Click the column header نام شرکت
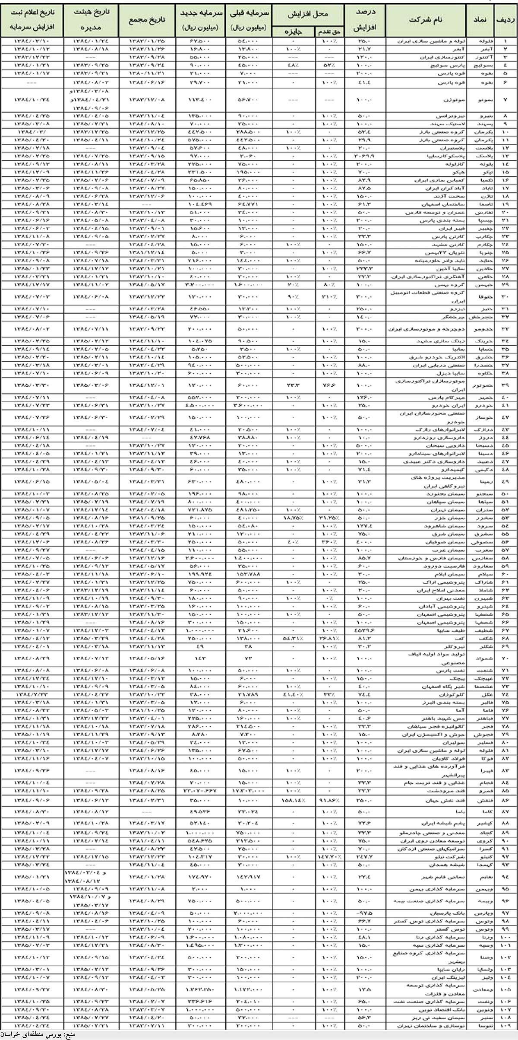tap(426, 20)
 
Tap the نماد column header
tap(480, 20)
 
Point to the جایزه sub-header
tap(294, 32)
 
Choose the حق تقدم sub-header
tap(329, 32)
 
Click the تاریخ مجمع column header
tap(146, 20)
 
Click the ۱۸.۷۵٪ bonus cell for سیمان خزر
tap(294, 518)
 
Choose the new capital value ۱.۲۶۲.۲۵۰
tap(201, 989)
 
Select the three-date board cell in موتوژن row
tap(91, 100)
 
